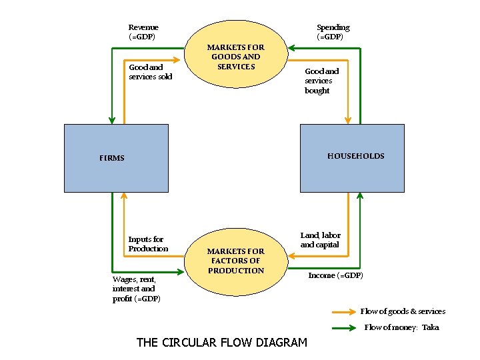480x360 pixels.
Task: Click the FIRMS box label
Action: (112, 158)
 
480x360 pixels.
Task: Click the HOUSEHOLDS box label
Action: (355, 156)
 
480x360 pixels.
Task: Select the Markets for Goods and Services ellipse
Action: (235, 57)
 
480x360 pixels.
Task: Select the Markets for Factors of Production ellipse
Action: (235, 261)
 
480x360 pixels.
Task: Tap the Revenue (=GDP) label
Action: (143, 32)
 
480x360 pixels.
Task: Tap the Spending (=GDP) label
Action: (333, 32)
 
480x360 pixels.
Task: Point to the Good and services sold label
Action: (150, 72)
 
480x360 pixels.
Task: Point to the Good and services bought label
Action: (321, 81)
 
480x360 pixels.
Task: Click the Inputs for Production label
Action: (148, 243)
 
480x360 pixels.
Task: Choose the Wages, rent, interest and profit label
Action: (136, 289)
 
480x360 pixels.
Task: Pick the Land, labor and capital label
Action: (320, 240)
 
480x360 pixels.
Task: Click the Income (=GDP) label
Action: (335, 275)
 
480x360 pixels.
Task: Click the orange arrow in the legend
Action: (343, 311)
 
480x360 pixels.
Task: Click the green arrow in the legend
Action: (343, 327)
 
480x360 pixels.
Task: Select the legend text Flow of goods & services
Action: (403, 311)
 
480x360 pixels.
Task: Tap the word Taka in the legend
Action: (430, 327)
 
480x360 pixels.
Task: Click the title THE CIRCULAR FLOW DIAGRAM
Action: (221, 343)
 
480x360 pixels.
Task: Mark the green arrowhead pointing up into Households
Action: (360, 196)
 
